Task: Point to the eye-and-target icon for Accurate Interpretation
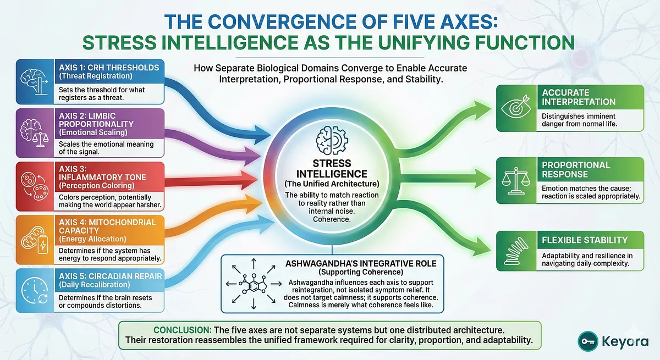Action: (x=517, y=108)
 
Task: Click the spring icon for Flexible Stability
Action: (x=517, y=251)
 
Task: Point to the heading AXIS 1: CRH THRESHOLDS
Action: (x=101, y=68)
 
